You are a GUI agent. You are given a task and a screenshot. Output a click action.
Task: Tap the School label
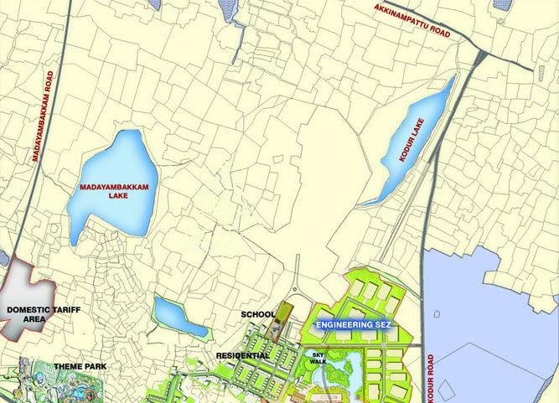(x=257, y=314)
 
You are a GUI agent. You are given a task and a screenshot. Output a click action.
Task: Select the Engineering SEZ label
(x=351, y=322)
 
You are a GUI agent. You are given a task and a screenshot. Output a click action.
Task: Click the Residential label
(x=242, y=356)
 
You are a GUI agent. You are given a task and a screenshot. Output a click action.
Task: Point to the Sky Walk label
(x=318, y=359)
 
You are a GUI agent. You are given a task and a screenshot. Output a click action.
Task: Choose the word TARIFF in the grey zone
(x=58, y=309)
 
